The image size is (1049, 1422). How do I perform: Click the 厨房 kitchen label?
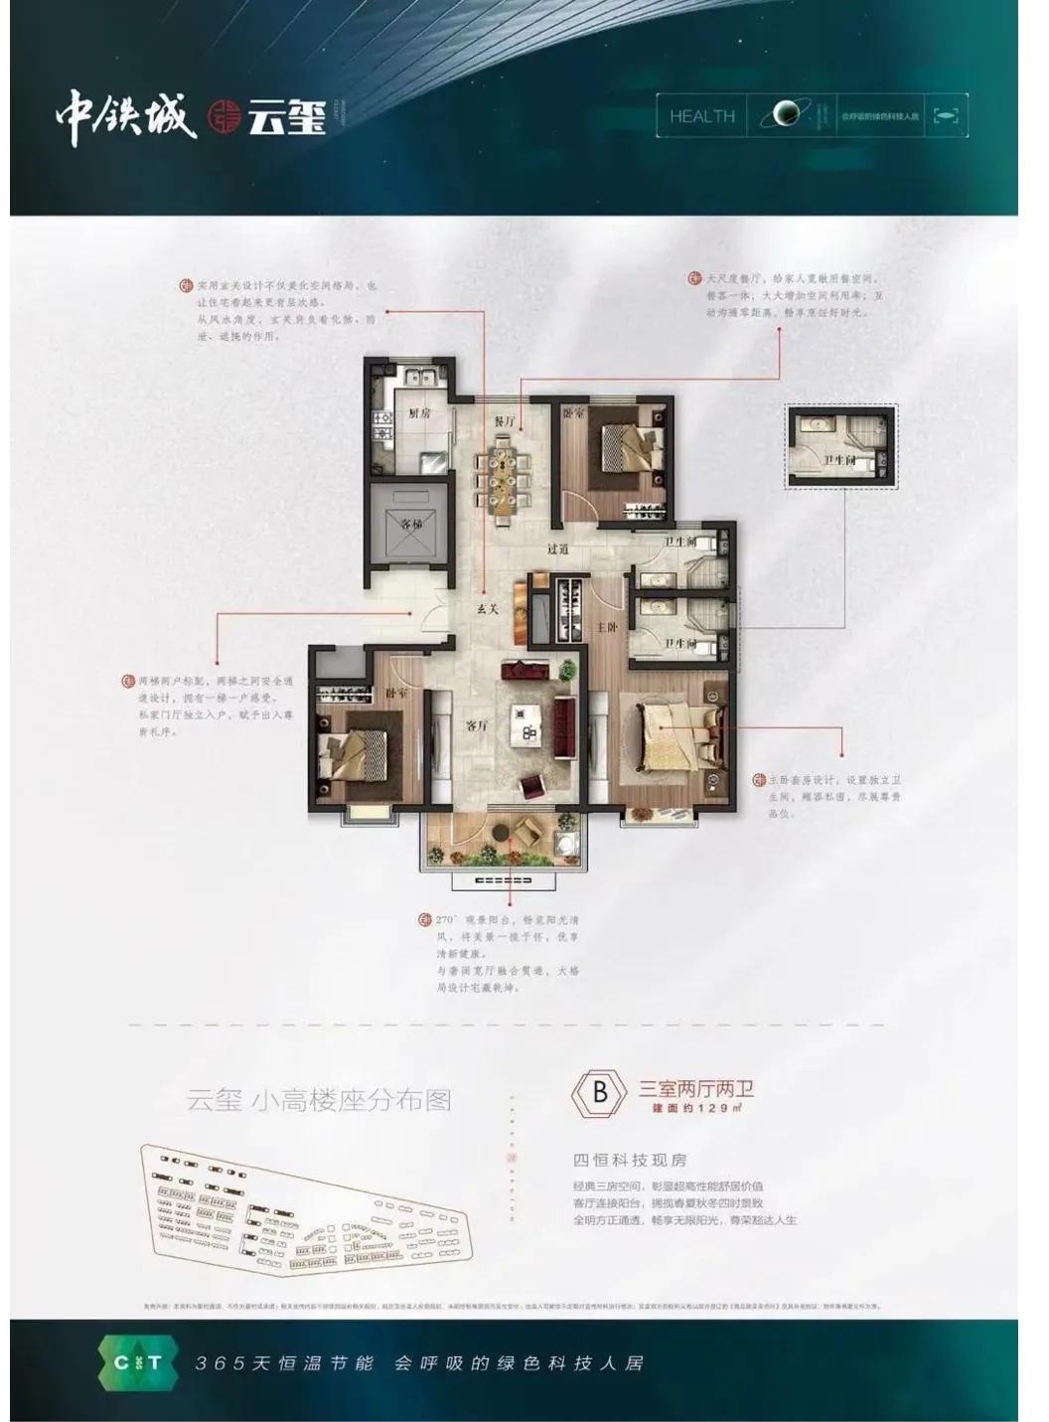pos(418,413)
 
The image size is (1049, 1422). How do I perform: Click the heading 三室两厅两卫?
pos(695,1088)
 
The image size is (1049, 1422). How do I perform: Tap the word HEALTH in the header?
pos(702,116)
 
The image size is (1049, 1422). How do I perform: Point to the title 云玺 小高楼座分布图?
pos(319,1101)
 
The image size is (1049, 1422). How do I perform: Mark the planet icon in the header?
pos(786,116)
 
